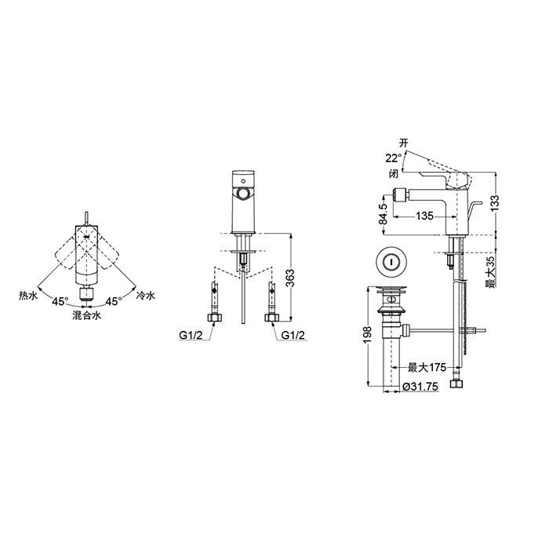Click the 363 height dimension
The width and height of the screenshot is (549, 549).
290,278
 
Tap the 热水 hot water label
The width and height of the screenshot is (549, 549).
28,296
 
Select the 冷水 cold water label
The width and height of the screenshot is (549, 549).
145,296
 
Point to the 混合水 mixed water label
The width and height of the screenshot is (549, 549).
86,315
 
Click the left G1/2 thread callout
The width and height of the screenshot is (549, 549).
191,335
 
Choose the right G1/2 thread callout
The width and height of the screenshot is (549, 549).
293,335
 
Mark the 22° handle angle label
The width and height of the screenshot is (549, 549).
393,158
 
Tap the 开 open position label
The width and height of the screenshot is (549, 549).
404,143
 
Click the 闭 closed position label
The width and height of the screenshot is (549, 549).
393,173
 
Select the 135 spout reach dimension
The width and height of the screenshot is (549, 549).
424,216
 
